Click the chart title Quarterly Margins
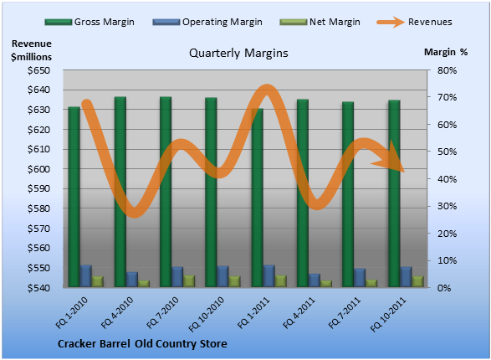pos(238,53)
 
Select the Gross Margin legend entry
pos(90,22)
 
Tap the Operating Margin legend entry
pos(207,22)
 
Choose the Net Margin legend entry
pos(320,22)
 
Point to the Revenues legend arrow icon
pos(391,22)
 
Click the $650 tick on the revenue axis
pos(38,70)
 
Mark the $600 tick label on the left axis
pos(38,169)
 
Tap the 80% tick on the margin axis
pos(447,70)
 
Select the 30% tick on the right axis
pos(447,206)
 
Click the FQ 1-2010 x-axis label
pos(72,312)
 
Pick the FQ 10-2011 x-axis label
pos(388,314)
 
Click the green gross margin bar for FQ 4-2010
pos(120,192)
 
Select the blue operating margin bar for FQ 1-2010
pos(85,276)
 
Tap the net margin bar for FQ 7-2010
pos(189,281)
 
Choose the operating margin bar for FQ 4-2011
pos(315,280)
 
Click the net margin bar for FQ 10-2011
pos(417,281)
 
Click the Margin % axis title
pos(446,52)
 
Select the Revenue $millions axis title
pos(31,50)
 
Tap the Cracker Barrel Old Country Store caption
pos(142,344)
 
